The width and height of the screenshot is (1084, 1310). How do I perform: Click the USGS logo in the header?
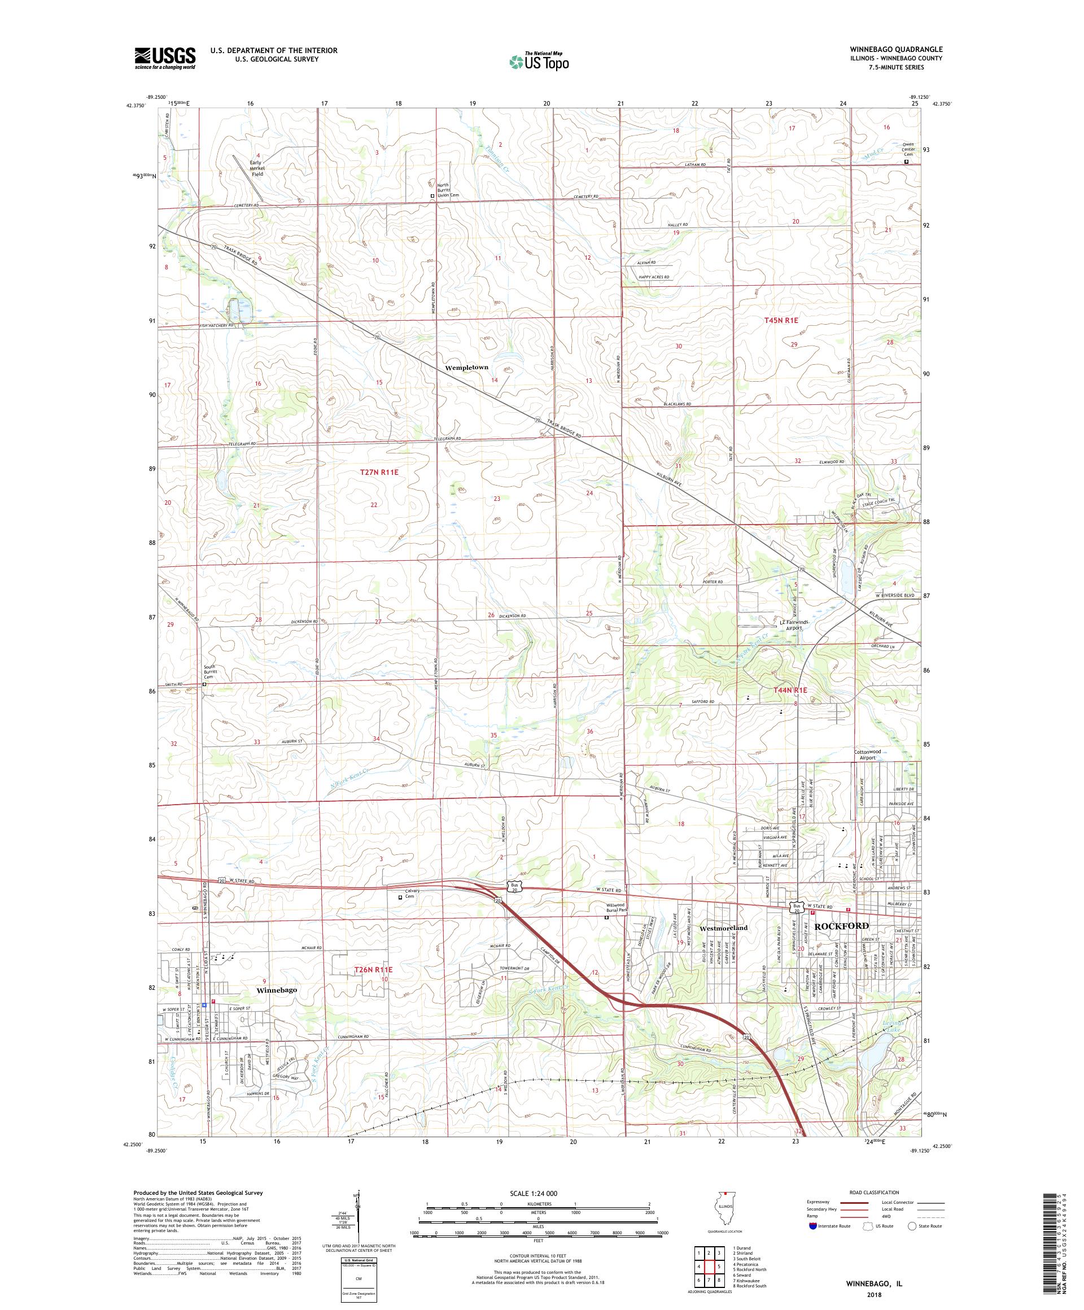[165, 59]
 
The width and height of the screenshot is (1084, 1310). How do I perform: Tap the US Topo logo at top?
[540, 61]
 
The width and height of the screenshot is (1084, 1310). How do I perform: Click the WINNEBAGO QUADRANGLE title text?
[895, 49]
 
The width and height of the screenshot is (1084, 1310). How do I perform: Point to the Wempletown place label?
[466, 368]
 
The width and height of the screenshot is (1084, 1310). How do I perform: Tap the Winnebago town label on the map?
[276, 989]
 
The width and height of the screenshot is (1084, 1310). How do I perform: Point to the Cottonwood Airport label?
[868, 755]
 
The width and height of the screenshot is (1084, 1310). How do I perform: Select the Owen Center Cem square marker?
[906, 161]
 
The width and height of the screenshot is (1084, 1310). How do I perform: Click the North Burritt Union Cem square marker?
[432, 195]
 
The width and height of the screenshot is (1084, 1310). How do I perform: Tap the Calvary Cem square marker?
[400, 897]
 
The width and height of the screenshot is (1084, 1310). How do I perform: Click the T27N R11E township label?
[379, 472]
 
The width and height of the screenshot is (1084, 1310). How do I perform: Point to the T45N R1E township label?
[781, 320]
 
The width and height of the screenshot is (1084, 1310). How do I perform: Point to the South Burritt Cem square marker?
[204, 684]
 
